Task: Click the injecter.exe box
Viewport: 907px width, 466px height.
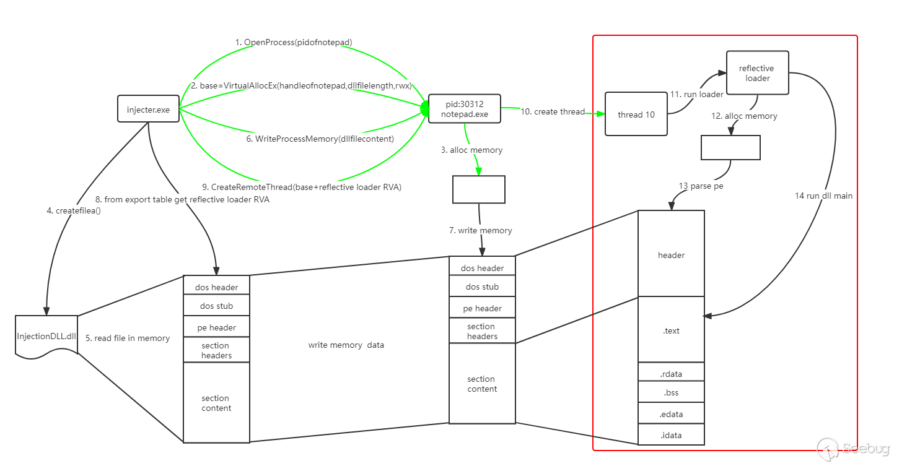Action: (148, 110)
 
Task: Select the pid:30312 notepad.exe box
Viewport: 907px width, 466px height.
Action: (464, 109)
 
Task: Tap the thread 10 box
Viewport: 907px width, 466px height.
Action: (636, 114)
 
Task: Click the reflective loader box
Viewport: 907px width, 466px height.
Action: (757, 73)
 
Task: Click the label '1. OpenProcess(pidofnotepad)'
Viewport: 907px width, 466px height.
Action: (294, 42)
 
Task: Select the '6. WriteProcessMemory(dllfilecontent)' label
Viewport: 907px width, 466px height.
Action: (320, 139)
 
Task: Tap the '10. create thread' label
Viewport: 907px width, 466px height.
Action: (552, 111)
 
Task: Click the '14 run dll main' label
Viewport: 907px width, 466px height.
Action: (823, 196)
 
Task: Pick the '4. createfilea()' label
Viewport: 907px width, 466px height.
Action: (73, 210)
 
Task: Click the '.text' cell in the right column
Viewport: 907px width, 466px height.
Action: (671, 330)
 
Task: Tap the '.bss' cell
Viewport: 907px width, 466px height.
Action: (671, 392)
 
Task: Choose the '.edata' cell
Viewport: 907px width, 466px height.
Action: (671, 414)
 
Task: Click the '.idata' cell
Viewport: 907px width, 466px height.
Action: (671, 435)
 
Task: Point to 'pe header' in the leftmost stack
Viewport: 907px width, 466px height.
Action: (216, 327)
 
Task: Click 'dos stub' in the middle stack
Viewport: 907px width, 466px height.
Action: (482, 287)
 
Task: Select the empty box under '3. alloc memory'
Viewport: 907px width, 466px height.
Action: (478, 189)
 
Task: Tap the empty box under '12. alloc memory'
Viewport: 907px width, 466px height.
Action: (730, 147)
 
